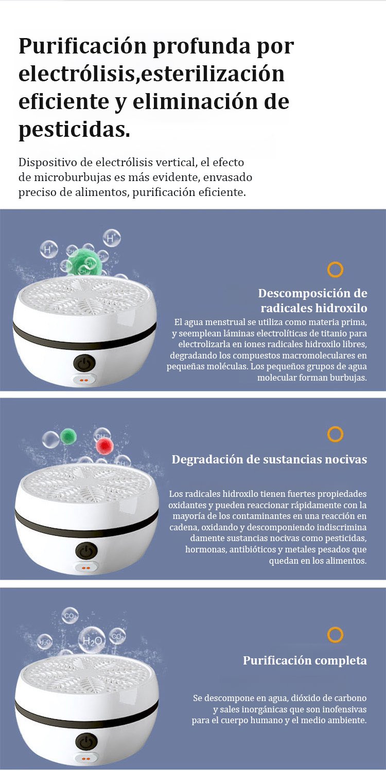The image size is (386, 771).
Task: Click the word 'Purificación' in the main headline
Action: [x=83, y=46]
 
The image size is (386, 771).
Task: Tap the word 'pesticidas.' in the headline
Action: [x=75, y=130]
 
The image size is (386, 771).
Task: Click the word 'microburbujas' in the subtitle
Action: [x=72, y=177]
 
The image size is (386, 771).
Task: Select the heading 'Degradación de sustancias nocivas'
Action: [x=269, y=459]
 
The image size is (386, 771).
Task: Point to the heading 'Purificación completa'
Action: [x=305, y=660]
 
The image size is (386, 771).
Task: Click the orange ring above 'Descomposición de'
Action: [x=335, y=270]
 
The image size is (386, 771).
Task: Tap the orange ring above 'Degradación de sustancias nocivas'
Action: [x=335, y=434]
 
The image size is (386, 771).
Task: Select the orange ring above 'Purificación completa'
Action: [x=335, y=635]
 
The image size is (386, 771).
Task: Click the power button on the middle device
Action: [x=86, y=551]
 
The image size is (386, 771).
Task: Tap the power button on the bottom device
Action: [x=86, y=741]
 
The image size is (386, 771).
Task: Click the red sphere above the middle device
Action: [x=104, y=446]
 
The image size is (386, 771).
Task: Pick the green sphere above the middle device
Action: [x=68, y=437]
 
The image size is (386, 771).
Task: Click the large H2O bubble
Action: [x=92, y=640]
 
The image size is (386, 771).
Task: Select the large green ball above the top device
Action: [x=84, y=262]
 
